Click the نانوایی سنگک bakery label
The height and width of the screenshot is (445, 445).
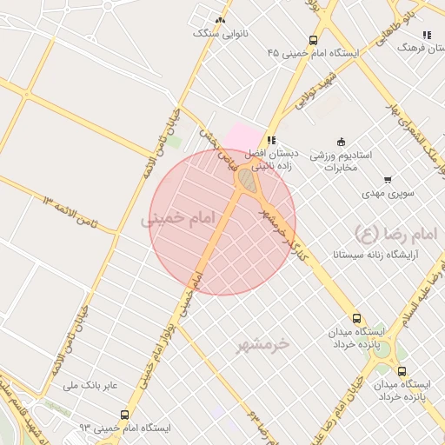(219, 34)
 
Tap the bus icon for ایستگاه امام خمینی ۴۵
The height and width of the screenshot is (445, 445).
(313, 40)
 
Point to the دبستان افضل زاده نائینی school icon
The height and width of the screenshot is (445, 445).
(272, 140)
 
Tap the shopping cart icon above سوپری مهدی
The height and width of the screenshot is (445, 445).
(388, 180)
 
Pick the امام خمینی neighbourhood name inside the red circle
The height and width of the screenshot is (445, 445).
(177, 221)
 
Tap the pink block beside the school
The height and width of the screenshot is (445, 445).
(242, 136)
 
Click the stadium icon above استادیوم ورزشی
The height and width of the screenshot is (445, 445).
(341, 143)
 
